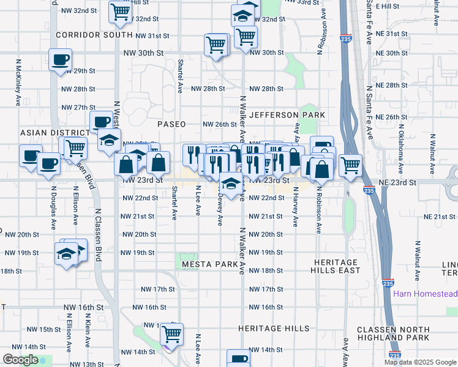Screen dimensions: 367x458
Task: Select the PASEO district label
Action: coord(171,124)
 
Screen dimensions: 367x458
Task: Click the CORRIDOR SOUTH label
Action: coord(94,35)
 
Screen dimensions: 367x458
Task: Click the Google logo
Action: coord(20,360)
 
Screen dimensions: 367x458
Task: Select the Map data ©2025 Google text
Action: coord(420,362)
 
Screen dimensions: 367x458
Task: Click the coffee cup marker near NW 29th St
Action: coord(60,60)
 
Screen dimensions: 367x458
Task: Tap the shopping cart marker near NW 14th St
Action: coord(172,334)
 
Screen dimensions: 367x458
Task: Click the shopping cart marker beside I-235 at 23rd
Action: coord(350,164)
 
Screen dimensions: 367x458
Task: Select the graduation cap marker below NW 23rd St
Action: coord(230,184)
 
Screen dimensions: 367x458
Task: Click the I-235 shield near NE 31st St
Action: coord(347,38)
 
